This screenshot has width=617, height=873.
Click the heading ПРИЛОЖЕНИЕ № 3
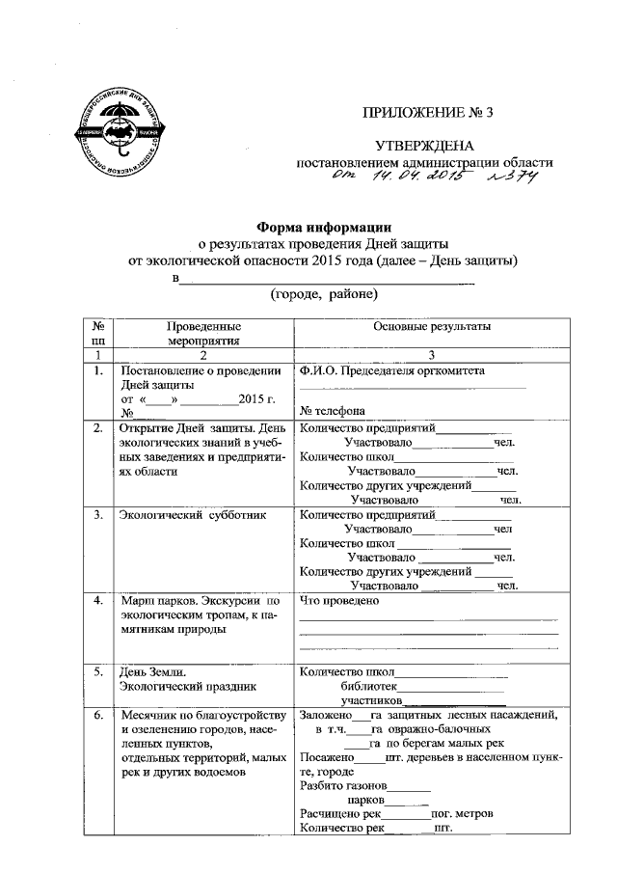[426, 112]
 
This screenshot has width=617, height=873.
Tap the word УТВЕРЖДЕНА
[425, 146]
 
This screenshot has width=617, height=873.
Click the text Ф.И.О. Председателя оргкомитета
[392, 370]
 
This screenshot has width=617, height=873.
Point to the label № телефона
[333, 409]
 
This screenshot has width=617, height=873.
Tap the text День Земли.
[151, 671]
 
